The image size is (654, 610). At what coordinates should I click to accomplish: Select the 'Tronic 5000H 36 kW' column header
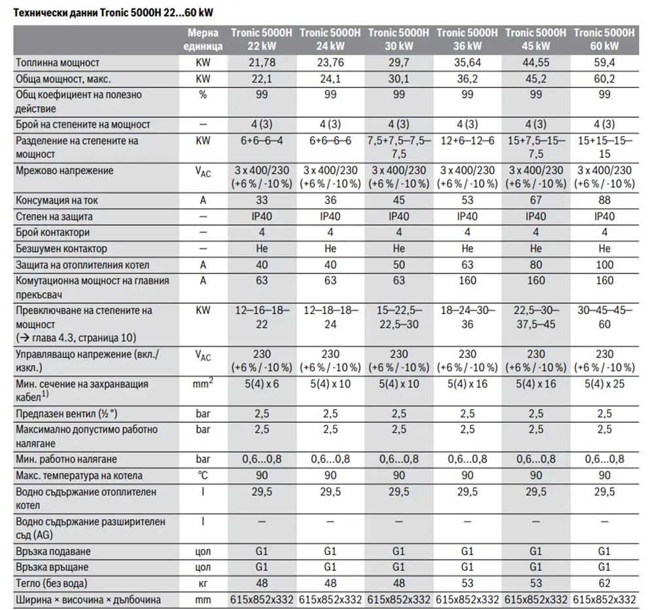467,39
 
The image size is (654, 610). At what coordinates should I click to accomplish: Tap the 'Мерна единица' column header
203,39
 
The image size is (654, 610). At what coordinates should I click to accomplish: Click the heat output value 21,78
262,63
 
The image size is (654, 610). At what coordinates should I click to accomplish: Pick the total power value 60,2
604,79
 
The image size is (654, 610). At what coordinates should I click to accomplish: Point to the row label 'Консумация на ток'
57,200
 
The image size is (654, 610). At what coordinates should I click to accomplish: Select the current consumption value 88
604,200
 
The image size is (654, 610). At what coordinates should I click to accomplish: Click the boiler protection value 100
604,264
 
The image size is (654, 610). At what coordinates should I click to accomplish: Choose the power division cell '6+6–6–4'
262,141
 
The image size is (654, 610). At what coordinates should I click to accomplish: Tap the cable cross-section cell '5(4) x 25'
604,384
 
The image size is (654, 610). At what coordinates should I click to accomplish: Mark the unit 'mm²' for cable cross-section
203,383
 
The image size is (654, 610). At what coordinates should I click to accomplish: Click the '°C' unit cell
203,475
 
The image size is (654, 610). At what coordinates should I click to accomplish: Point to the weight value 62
604,583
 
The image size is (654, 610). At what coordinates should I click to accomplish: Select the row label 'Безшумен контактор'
61,249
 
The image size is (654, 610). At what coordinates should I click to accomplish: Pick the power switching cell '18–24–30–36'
467,317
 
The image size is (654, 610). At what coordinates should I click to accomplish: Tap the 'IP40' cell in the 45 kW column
536,216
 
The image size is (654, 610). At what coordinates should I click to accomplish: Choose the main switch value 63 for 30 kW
399,280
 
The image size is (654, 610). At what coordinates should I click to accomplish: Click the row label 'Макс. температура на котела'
79,476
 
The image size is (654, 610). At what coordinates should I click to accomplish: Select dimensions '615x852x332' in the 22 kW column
262,600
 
